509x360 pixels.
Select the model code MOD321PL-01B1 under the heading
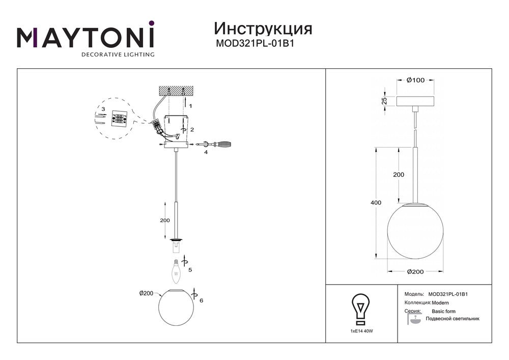click(x=256, y=44)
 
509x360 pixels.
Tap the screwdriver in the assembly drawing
click(x=217, y=145)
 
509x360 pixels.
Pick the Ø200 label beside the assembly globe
click(x=147, y=293)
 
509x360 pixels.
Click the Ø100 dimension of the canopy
click(x=416, y=80)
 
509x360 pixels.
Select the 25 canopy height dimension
click(x=385, y=101)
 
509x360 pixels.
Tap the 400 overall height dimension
click(x=376, y=203)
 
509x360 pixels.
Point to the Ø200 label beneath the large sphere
click(x=415, y=272)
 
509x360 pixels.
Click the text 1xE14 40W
click(x=361, y=331)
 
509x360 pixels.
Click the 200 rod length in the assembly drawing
click(x=164, y=220)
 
